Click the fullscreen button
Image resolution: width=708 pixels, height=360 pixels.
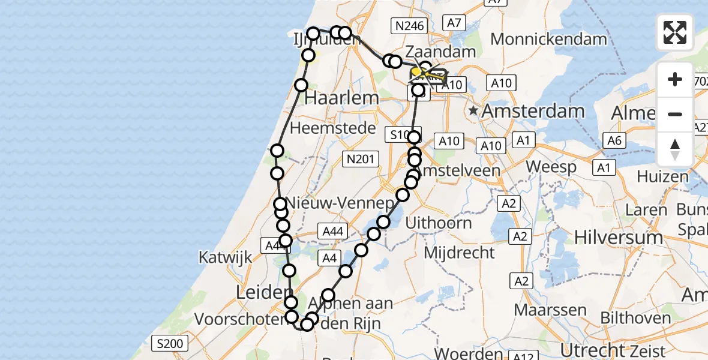[x=675, y=32]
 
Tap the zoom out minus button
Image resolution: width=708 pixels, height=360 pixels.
[x=675, y=114]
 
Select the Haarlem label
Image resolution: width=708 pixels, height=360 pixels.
[x=341, y=98]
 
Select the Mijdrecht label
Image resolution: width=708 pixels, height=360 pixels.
[x=460, y=252]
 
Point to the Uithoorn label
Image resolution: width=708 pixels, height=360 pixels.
[x=439, y=223]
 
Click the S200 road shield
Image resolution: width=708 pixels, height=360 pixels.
[x=170, y=344]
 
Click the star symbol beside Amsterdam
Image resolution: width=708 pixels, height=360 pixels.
[x=474, y=110]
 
